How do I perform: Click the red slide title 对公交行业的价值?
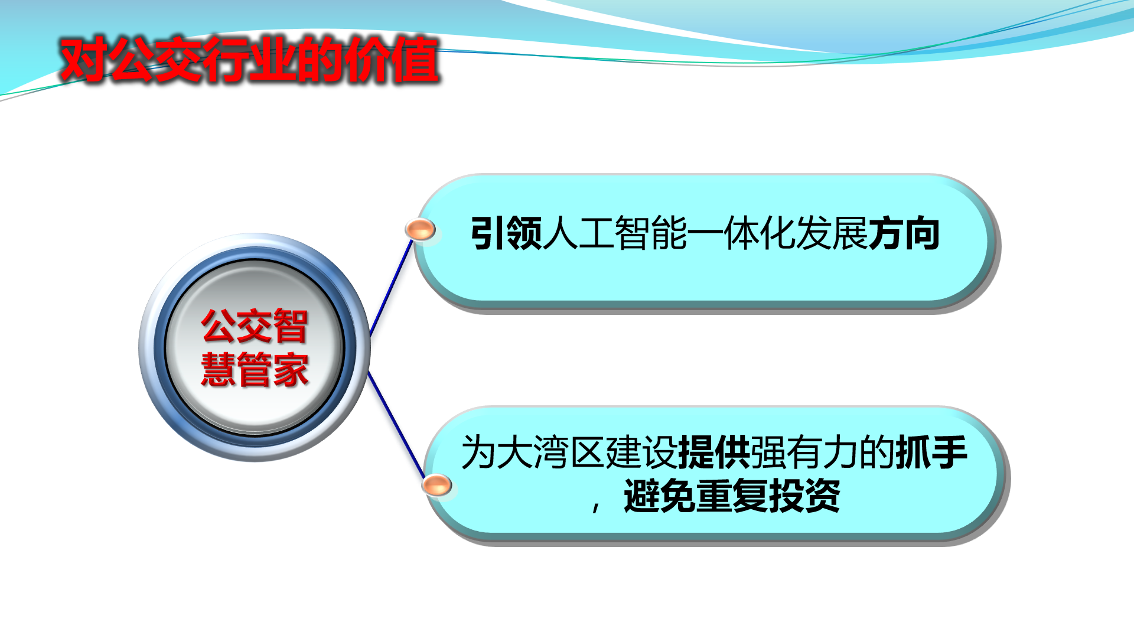point(249,59)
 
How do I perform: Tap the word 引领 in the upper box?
point(506,233)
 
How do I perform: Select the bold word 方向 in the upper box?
point(904,233)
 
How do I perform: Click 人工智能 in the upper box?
point(615,233)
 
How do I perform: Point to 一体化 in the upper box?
point(741,233)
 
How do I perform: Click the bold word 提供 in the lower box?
point(715,453)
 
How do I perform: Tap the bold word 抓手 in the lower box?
point(931,453)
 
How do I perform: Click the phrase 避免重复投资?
point(732,496)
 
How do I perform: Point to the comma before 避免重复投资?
point(597,506)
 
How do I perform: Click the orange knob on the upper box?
point(420,229)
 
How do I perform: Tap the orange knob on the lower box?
point(436,486)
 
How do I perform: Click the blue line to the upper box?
point(391,288)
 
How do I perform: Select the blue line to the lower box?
point(396,424)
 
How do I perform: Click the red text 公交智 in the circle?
point(255,326)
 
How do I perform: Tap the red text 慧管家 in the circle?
point(255,369)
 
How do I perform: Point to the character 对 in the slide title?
point(83,59)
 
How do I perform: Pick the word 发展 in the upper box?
point(832,233)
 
